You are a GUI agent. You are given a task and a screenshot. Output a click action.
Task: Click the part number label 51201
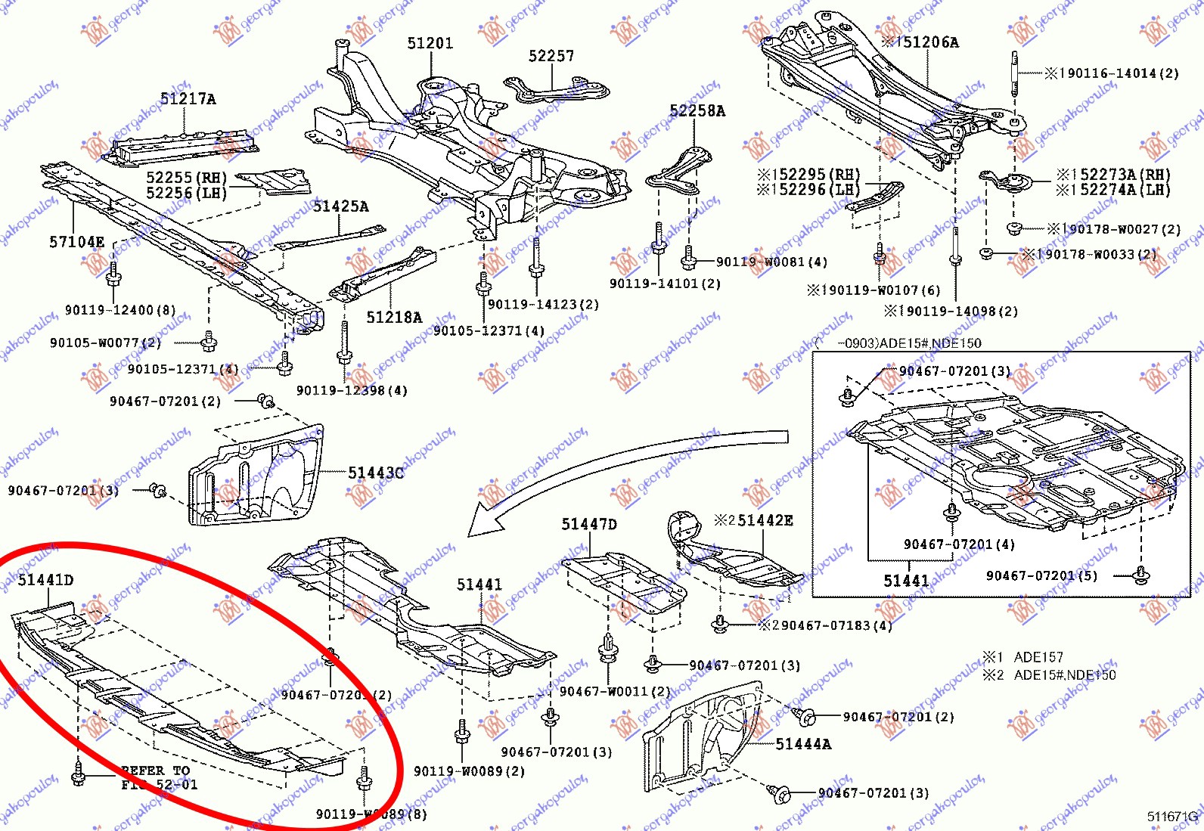(x=430, y=44)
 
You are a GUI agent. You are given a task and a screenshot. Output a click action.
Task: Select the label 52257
(x=551, y=57)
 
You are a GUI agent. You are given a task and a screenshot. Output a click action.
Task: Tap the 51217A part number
(x=188, y=99)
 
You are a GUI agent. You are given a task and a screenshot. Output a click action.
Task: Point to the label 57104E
(x=76, y=243)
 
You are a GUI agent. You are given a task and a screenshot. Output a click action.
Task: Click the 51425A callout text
(x=340, y=206)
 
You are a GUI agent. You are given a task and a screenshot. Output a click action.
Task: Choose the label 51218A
(x=394, y=318)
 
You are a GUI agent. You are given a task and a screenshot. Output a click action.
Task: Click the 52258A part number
(x=697, y=111)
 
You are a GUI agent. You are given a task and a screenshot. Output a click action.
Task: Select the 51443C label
(x=376, y=473)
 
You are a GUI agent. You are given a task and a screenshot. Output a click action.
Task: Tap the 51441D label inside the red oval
(x=45, y=580)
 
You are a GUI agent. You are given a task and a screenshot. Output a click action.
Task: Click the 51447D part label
(x=589, y=525)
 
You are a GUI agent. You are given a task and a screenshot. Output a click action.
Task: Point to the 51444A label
(x=803, y=745)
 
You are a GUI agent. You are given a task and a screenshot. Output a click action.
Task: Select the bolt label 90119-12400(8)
(x=119, y=310)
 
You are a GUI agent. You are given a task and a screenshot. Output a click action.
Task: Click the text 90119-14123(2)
(x=543, y=305)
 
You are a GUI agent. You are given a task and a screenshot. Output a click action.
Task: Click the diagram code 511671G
(x=1173, y=817)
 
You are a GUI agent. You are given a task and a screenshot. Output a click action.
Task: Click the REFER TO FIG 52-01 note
(x=159, y=778)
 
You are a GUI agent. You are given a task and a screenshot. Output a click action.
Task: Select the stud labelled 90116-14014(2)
(x=1014, y=73)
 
